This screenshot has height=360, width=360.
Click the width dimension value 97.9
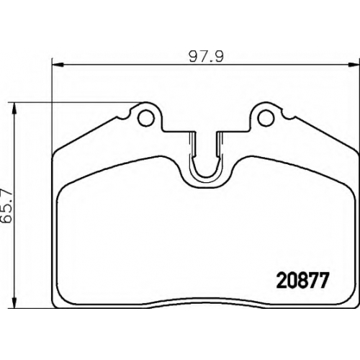pos(206,57)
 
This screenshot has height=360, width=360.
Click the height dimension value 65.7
pos(6,206)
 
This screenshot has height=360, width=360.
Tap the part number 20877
pos(302,281)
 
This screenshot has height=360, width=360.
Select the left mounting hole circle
pos(145,118)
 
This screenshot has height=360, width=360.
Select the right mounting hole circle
pos(266,118)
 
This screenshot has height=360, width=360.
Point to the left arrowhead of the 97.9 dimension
pos(58,64)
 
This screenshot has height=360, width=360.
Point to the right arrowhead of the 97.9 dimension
pos(354,64)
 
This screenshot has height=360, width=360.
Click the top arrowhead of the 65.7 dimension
pos(15,109)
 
